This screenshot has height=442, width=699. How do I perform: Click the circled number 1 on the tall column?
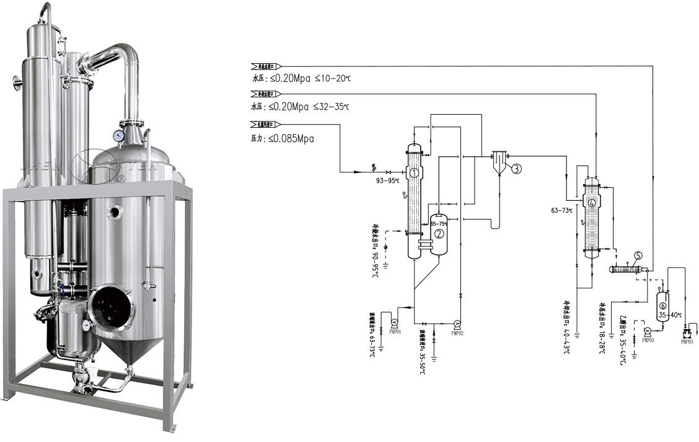click(x=414, y=173)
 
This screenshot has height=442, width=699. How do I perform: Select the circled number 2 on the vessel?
click(x=439, y=234)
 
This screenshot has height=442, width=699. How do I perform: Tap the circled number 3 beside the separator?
click(x=516, y=168)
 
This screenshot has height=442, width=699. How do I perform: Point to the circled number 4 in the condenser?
click(x=592, y=203)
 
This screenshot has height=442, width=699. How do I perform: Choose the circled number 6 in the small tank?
click(x=662, y=306)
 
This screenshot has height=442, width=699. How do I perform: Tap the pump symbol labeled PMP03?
click(x=648, y=330)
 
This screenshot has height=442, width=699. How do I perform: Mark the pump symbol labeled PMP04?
click(x=687, y=334)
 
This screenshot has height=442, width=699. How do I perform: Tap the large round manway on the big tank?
click(x=110, y=307)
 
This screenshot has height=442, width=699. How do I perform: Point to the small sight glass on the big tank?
click(x=115, y=213)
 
